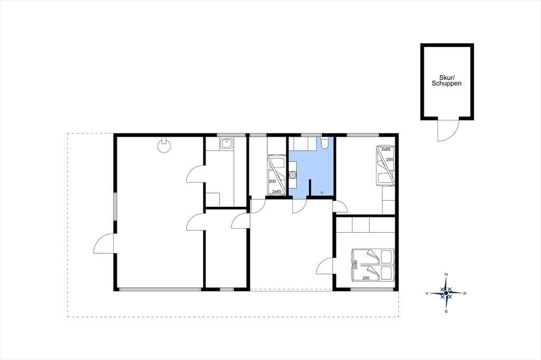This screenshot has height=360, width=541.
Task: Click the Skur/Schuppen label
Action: [446, 80]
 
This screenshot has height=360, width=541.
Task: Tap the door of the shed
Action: [448, 129]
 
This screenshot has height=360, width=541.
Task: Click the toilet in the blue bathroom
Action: [324, 143]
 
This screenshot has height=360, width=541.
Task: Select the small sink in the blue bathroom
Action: [293, 176]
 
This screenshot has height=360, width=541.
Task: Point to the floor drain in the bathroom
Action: [322, 193]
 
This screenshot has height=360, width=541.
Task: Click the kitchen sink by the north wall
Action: [226, 143]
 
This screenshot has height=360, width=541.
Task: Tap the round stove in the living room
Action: [164, 145]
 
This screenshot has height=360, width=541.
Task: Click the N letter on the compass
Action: [446, 274]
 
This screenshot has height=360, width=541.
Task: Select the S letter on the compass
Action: [446, 311]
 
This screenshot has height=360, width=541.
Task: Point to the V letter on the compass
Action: [427, 293]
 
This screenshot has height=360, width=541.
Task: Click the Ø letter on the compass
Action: [465, 293]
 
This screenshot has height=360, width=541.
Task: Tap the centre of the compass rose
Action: [446, 293]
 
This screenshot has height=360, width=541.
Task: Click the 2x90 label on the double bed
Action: [355, 264]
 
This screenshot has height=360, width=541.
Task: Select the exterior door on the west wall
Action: [104, 243]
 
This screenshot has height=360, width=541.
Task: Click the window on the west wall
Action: [115, 206]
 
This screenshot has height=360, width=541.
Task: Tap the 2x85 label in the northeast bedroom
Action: [386, 149]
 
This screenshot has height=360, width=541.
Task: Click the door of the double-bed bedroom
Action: [325, 266]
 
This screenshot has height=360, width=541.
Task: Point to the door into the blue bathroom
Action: [300, 206]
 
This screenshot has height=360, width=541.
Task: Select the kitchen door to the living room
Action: [195, 174]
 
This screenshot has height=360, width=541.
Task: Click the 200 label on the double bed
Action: [366, 278]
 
